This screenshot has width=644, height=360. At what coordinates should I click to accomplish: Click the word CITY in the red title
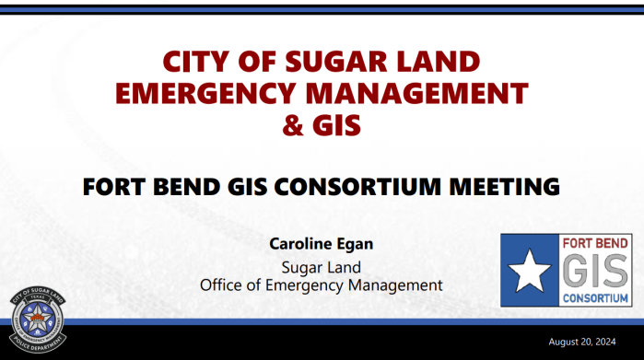coord(195,63)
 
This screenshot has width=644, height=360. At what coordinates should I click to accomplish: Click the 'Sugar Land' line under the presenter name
coord(321,267)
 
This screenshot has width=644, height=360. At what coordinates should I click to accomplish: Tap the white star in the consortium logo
coord(530,270)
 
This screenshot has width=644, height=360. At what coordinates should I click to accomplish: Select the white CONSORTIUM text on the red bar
coord(595,298)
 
